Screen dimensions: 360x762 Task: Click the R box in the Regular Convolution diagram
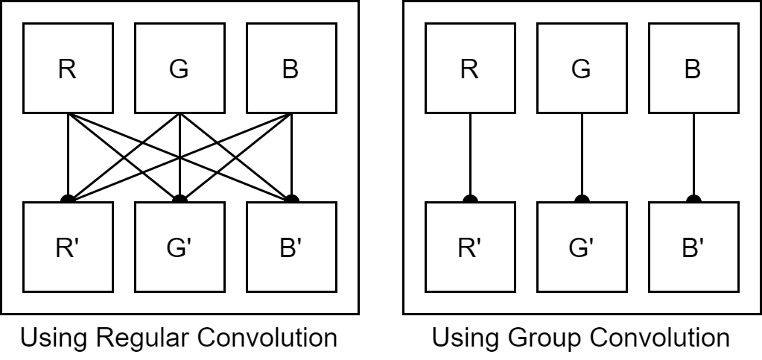coord(68,69)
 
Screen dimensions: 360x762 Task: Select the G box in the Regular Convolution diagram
coord(179,69)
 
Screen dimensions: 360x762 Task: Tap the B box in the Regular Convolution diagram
coord(290,69)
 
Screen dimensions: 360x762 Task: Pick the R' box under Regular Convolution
coord(68,247)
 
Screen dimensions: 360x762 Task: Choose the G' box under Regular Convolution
coord(179,247)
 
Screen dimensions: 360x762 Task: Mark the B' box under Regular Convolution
coord(290,247)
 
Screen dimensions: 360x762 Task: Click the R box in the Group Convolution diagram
coord(469,69)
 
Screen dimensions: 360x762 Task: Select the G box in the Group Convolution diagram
coord(581,69)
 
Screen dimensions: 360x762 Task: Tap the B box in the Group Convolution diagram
coord(693,69)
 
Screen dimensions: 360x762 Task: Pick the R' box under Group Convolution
coord(469,247)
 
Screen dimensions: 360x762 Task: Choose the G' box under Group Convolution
coord(581,247)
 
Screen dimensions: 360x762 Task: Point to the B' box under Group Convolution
coord(693,247)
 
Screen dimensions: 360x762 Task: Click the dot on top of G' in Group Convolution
coord(581,199)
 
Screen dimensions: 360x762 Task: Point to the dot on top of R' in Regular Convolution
coord(68,199)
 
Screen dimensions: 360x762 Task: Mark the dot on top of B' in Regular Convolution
coord(291,199)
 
